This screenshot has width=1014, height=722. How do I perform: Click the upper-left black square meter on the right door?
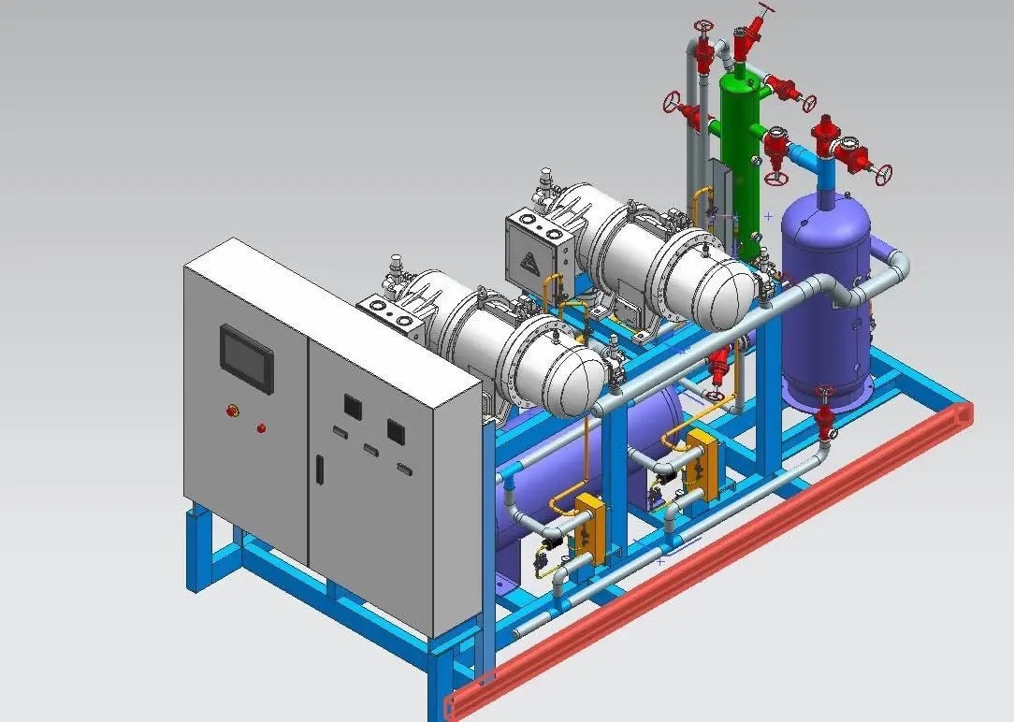[x=353, y=406]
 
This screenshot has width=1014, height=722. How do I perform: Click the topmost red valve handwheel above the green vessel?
[x=767, y=10]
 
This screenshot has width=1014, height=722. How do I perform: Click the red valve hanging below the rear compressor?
[x=718, y=366]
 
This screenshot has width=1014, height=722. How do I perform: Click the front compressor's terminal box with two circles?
[x=391, y=313]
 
